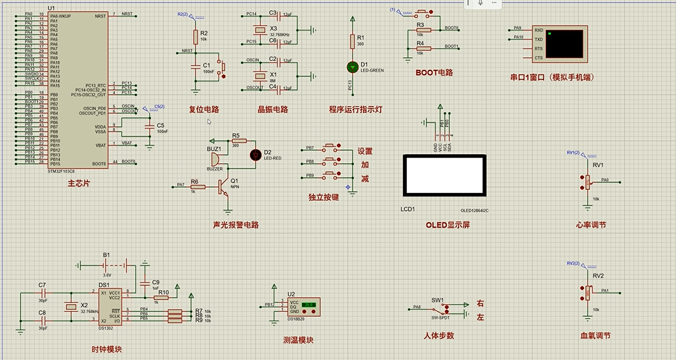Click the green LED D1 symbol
(352, 66)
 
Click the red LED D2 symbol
(256, 154)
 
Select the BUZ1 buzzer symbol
(215, 159)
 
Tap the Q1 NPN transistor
(223, 186)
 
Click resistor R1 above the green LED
(352, 41)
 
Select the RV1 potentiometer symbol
(585, 181)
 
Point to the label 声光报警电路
(236, 225)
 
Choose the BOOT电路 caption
(434, 72)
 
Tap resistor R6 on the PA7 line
(194, 186)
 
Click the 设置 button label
(365, 151)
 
